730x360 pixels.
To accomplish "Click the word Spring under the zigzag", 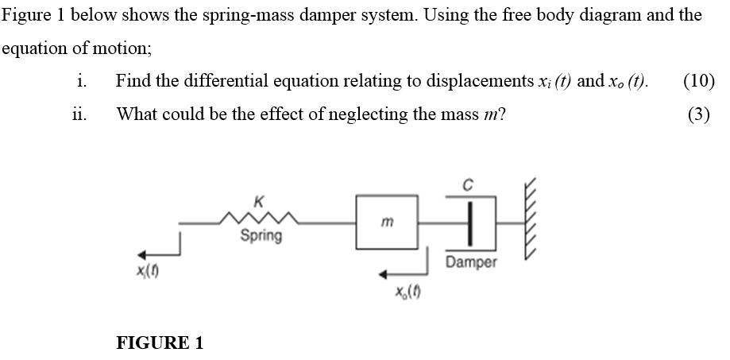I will click(261, 236).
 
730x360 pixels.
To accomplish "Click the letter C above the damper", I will click(469, 186).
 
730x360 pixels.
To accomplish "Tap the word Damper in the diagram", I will click(471, 261).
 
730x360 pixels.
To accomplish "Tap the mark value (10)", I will click(698, 80).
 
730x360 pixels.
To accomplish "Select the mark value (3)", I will click(698, 114).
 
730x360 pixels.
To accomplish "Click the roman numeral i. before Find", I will click(79, 80).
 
